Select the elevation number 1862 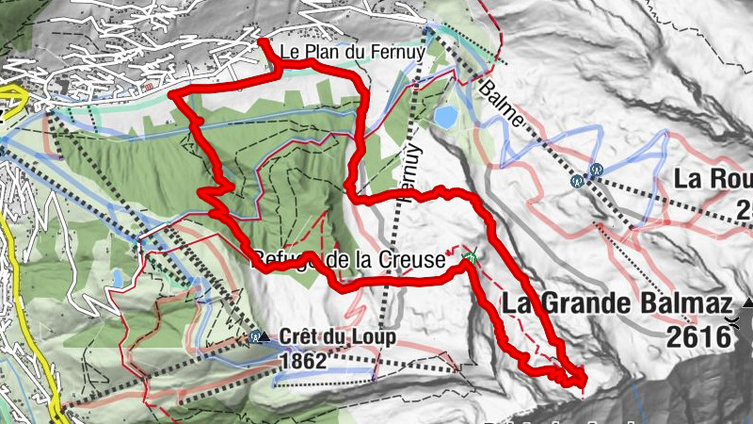[303, 360]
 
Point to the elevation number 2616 [697, 334]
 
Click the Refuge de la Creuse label [348, 259]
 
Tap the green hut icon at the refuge [470, 255]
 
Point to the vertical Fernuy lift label [408, 171]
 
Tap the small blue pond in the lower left [116, 278]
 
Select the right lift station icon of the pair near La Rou [596, 170]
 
